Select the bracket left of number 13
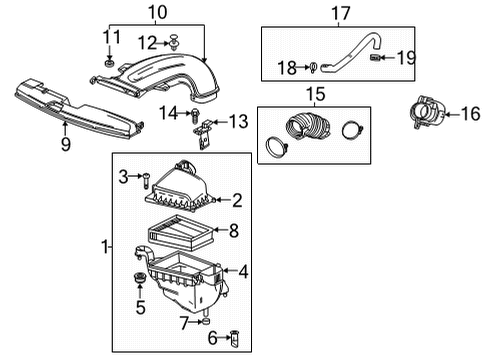207,127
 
